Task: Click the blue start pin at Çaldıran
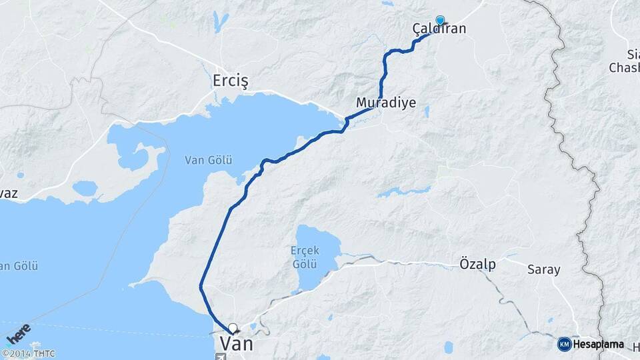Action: pos(439,20)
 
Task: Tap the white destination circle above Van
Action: pos(233,327)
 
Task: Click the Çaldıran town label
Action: pos(439,29)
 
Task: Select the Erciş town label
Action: pos(230,81)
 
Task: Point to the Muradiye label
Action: pos(386,103)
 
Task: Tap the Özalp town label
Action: pos(477,264)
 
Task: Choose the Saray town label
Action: pos(543,270)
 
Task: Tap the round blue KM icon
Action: pos(564,344)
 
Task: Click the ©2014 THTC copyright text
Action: pos(28,353)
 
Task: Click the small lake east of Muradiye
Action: pos(426,111)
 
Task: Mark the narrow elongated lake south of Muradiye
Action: pos(403,192)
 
